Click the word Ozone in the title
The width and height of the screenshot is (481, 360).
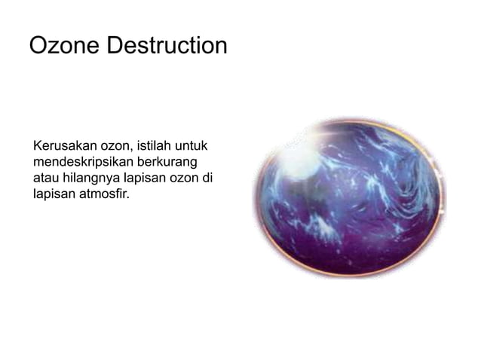[x=64, y=46]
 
